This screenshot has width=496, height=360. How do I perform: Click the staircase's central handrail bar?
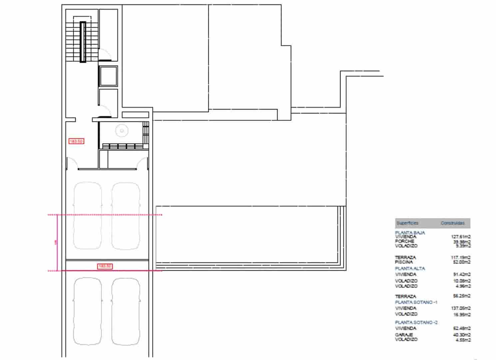(x=83, y=42)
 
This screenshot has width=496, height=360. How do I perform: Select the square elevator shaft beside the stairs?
(x=108, y=76)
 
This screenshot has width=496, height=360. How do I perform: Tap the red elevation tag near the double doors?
(x=76, y=141)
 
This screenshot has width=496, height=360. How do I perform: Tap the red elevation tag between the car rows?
(x=105, y=266)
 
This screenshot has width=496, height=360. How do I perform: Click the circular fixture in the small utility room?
(x=122, y=131)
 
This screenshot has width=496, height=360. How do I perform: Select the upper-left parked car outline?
(x=88, y=216)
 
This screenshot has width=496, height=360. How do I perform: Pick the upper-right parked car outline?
(x=126, y=216)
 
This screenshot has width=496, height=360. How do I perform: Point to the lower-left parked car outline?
(x=88, y=311)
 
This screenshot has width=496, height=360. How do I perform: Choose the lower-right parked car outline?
(x=126, y=311)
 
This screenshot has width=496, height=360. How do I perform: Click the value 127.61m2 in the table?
(x=461, y=237)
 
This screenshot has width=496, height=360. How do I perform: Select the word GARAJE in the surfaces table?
(x=404, y=335)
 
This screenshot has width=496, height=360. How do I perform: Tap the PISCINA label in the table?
(x=404, y=262)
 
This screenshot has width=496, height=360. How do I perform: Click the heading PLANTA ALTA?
(x=410, y=268)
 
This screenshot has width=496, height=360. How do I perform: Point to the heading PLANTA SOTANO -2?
(x=416, y=322)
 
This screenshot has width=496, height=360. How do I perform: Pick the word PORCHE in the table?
(x=404, y=241)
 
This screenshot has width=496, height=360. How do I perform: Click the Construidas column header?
(x=452, y=223)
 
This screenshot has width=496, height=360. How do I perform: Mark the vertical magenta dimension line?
(x=58, y=243)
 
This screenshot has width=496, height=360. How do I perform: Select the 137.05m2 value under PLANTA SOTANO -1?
(x=461, y=308)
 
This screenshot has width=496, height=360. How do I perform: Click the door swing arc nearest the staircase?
(x=104, y=53)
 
